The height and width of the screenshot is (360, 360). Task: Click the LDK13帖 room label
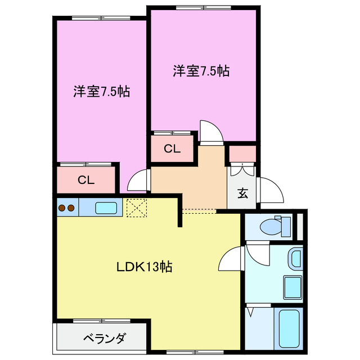tap(144, 267)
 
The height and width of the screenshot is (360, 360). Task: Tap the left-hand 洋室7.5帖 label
tap(102, 92)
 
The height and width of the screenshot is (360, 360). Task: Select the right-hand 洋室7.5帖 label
tap(201, 71)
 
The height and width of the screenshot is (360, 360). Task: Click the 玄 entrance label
tap(242, 193)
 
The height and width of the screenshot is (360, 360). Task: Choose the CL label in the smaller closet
tap(172, 149)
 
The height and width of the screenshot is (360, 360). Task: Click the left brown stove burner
tap(62, 208)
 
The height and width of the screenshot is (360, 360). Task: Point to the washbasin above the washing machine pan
tap(295, 259)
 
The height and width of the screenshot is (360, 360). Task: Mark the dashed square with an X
tap(136, 208)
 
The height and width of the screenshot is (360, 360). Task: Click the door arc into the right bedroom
tap(211, 132)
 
